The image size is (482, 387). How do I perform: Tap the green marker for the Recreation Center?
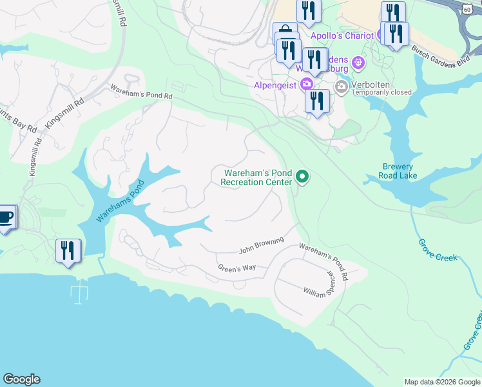(x=302, y=176)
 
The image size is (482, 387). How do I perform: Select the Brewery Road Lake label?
(x=397, y=171)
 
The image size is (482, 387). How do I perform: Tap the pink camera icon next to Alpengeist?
(x=307, y=84)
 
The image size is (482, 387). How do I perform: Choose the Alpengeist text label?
(x=273, y=84)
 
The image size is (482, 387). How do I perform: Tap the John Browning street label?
(x=262, y=245)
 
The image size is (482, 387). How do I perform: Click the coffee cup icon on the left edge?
(x=5, y=217)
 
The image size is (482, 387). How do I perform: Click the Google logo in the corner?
(x=21, y=379)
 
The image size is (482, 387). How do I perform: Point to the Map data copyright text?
(x=442, y=382)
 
